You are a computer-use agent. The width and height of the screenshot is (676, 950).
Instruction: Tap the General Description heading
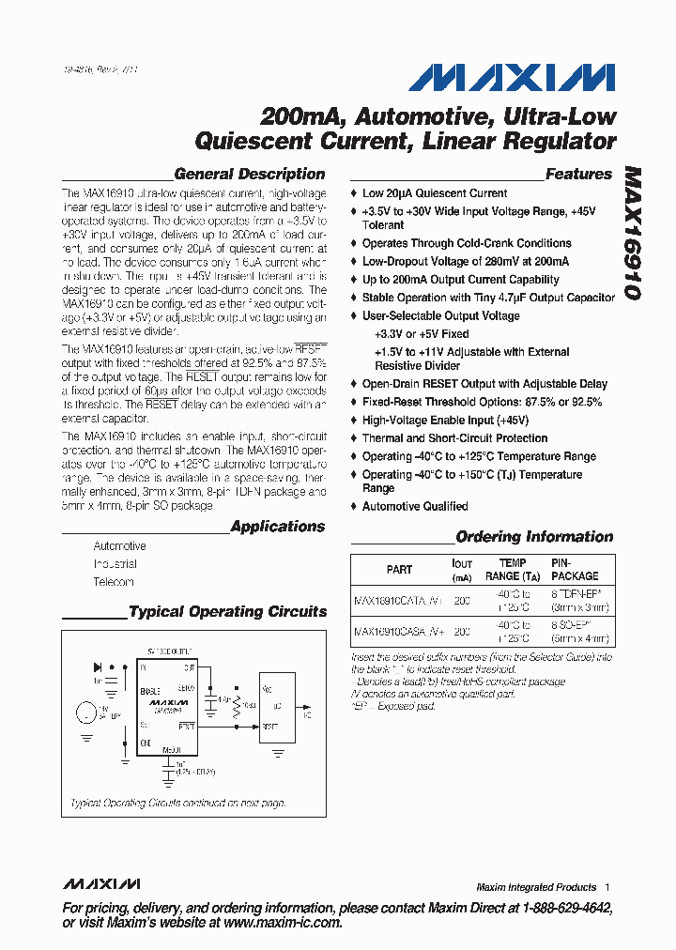click(250, 174)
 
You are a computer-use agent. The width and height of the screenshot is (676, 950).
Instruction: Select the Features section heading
click(578, 174)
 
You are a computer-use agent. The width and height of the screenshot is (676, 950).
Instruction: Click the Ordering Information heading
click(534, 537)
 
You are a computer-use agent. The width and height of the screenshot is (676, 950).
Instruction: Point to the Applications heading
click(278, 527)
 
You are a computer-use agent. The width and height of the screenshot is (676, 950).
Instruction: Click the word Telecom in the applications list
click(114, 582)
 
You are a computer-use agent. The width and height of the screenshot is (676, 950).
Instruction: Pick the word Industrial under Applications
click(115, 564)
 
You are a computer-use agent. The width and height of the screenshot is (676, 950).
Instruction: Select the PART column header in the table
click(399, 570)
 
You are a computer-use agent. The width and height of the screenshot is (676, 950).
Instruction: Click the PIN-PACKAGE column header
click(575, 570)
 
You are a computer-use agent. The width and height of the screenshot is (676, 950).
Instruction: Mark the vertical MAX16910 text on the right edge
click(631, 233)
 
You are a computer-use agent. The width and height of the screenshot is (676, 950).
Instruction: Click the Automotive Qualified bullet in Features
click(415, 506)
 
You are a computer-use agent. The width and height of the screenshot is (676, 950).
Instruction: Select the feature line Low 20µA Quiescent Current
click(435, 193)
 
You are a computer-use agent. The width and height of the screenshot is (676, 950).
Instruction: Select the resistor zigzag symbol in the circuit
click(238, 704)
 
